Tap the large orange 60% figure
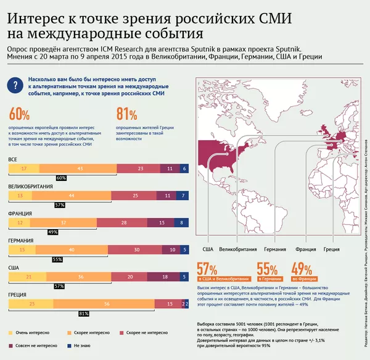pos(19,114)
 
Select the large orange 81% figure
pos(126,114)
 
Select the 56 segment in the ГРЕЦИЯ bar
pos(107,304)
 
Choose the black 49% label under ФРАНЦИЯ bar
pos(52,232)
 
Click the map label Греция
pos(331,249)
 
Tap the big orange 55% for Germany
pos(266,269)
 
